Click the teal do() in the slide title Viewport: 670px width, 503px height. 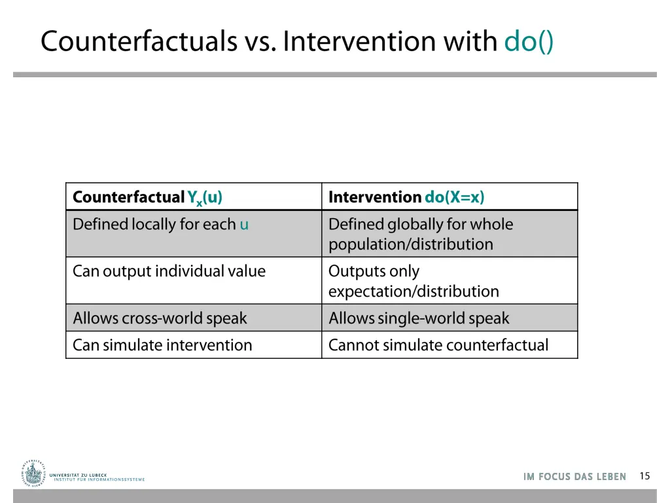click(529, 41)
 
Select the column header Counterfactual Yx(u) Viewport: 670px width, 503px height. click(147, 197)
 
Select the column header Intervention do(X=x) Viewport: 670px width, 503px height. click(406, 197)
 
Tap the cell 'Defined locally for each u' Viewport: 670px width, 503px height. click(160, 225)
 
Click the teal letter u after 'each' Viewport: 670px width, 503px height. click(244, 225)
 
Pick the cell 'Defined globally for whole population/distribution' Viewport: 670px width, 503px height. click(420, 234)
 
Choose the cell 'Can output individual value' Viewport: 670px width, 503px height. click(169, 271)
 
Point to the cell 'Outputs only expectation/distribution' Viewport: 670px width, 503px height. click(413, 281)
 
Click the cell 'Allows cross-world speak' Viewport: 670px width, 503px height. click(160, 318)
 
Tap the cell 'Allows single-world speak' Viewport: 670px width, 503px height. click(419, 318)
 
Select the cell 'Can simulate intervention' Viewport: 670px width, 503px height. click(162, 345)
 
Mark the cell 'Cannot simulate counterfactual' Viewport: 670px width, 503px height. click(438, 345)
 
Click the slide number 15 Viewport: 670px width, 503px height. click(644, 476)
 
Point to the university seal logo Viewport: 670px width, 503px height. click(33, 473)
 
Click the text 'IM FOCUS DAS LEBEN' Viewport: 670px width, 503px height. click(574, 477)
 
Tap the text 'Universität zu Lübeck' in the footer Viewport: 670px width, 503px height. click(78, 474)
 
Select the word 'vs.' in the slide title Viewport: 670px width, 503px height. click(260, 41)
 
